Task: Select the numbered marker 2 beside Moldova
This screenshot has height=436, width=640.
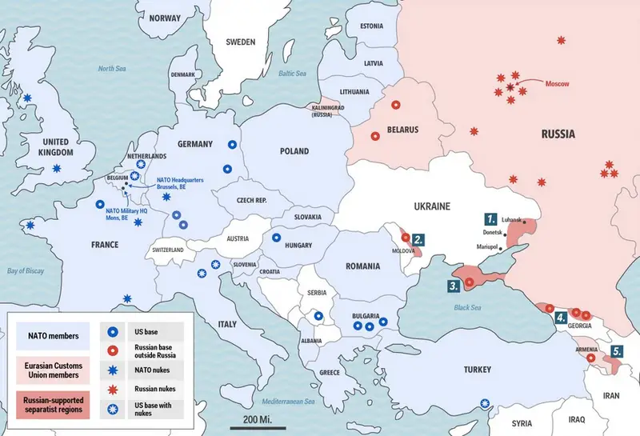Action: (418, 238)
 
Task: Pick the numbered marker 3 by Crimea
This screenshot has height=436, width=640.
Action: (454, 285)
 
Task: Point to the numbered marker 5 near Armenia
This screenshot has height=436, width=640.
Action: (617, 350)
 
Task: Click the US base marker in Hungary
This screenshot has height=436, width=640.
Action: (276, 237)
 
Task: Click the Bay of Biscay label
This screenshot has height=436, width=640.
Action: (25, 271)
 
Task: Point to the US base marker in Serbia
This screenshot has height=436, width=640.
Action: (318, 317)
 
